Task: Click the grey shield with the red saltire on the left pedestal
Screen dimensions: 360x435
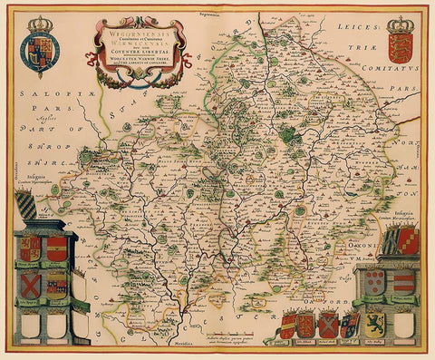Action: pyautogui.click(x=30, y=287)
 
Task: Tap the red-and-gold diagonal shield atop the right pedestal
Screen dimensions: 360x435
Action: pyautogui.click(x=407, y=241)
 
